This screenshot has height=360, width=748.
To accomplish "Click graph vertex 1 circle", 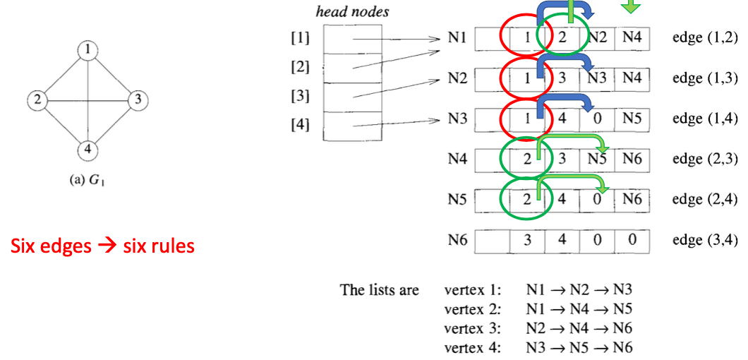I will pyautogui.click(x=87, y=50).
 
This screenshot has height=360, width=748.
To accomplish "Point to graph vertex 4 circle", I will pyautogui.click(x=87, y=150).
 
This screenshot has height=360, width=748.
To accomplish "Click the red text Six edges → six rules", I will pyautogui.click(x=102, y=246).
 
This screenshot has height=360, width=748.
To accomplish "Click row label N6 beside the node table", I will pyautogui.click(x=457, y=241).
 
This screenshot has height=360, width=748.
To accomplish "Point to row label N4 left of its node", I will pyautogui.click(x=457, y=160).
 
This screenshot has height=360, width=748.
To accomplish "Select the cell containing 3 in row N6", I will pyautogui.click(x=528, y=241).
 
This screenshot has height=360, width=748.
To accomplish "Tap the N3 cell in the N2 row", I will pyautogui.click(x=597, y=78).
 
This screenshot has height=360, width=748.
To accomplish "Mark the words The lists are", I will pyautogui.click(x=379, y=290).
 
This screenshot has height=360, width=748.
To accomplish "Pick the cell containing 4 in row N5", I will pyautogui.click(x=562, y=200).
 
